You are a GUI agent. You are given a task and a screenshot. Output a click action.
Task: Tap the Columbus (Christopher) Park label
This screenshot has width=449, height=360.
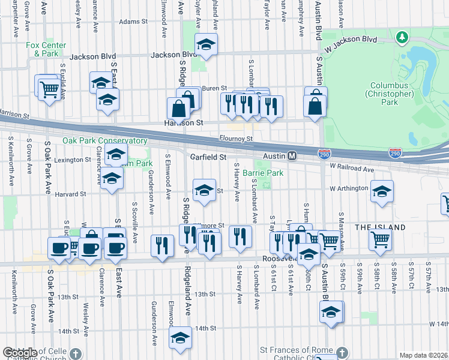(x=389, y=94)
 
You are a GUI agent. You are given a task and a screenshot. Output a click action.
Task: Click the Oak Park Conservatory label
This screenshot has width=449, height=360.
(x=105, y=141)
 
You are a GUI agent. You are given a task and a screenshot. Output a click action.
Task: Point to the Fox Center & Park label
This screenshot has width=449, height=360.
(x=42, y=49)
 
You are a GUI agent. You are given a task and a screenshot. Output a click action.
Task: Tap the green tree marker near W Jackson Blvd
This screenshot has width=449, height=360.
(x=401, y=38)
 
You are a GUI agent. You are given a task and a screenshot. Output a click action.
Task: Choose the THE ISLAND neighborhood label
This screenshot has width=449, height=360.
(x=380, y=227)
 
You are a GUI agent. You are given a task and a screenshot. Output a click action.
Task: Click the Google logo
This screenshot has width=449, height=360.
(x=20, y=353)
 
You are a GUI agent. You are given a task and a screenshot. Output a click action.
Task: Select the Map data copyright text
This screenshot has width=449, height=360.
(x=423, y=355)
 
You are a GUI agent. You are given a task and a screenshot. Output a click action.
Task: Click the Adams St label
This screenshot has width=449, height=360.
(x=133, y=22)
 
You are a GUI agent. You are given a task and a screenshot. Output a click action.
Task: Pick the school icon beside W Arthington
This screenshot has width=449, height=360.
(x=382, y=191)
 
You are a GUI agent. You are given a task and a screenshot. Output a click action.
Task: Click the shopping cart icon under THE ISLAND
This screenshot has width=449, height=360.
(x=381, y=239)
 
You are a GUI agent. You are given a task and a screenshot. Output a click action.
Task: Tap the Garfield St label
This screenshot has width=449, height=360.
(x=208, y=157)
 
